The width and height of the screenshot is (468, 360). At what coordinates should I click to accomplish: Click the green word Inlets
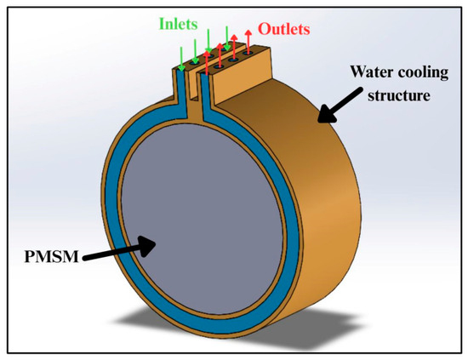pyautogui.click(x=178, y=24)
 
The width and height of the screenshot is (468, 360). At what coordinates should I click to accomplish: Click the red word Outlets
pyautogui.click(x=284, y=29)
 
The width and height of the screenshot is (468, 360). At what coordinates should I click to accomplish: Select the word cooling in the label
pyautogui.click(x=424, y=73)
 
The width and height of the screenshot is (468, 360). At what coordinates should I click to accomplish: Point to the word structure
pyautogui.click(x=399, y=95)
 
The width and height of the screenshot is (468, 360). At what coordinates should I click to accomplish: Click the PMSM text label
pyautogui.click(x=51, y=256)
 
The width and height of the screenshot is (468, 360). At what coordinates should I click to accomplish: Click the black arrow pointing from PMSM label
pyautogui.click(x=119, y=251)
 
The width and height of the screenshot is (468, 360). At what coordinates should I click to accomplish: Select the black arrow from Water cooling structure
pyautogui.click(x=340, y=106)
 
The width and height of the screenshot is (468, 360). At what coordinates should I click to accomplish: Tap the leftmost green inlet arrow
pyautogui.click(x=181, y=59)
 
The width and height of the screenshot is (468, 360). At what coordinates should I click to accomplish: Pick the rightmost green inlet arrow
pyautogui.click(x=227, y=38)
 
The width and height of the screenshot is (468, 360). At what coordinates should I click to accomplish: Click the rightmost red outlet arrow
pyautogui.click(x=248, y=42)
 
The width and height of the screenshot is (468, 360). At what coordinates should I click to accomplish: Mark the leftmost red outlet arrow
pyautogui.click(x=207, y=62)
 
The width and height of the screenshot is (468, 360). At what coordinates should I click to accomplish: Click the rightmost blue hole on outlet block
pyautogui.click(x=247, y=54)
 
